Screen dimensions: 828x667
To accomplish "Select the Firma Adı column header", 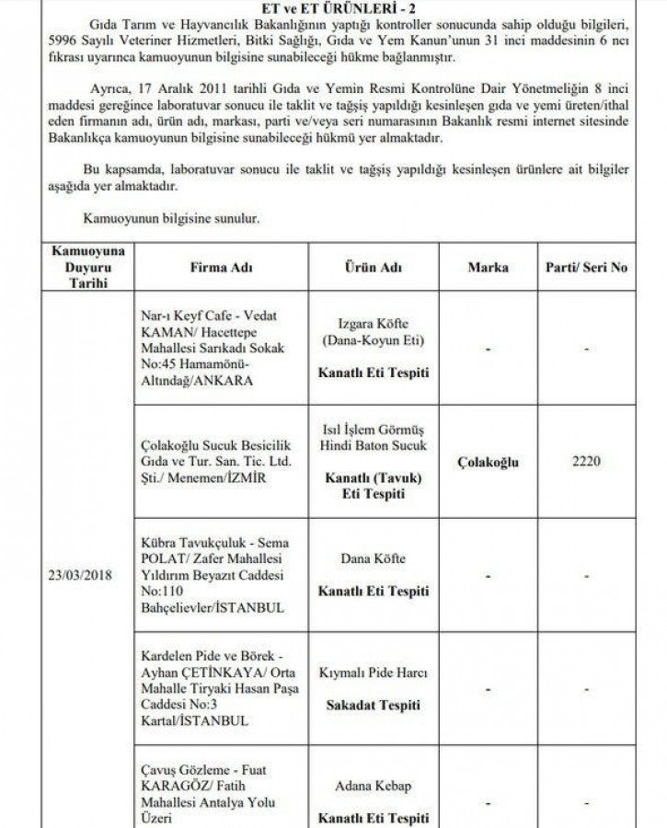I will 221,268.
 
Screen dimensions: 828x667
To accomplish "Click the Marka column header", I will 488,268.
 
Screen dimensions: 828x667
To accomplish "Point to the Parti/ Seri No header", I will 586,268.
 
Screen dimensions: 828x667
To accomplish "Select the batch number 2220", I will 586,462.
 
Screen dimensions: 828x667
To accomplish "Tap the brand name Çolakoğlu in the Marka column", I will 488,462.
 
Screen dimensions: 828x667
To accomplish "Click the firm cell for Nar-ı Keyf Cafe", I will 204,347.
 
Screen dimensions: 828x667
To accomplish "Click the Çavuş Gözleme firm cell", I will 202,790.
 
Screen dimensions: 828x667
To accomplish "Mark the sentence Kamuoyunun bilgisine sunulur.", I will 171,220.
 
